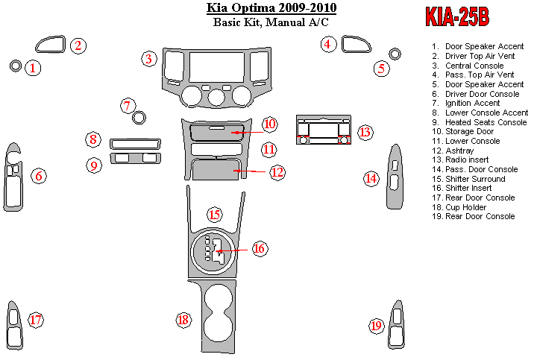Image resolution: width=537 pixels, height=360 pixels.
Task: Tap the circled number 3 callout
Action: (x=150, y=58)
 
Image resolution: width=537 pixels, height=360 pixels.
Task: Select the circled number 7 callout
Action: (x=128, y=105)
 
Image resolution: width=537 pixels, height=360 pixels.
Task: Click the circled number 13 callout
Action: (x=365, y=132)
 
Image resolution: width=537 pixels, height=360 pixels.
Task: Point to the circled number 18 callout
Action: (x=183, y=320)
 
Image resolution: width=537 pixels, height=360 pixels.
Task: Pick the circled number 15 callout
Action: (x=215, y=215)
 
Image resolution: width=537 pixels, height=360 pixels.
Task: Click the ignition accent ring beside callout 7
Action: (x=138, y=117)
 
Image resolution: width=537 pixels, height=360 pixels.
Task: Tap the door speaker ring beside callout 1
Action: (x=16, y=66)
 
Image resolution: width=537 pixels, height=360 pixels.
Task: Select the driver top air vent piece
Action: (x=52, y=45)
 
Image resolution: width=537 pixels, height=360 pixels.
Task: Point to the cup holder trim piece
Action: (x=215, y=313)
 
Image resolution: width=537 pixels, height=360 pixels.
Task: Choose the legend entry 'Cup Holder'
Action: (x=467, y=207)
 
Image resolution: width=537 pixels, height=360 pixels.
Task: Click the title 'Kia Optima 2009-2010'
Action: (x=271, y=8)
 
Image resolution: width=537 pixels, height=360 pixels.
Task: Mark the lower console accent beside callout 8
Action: (x=135, y=142)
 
